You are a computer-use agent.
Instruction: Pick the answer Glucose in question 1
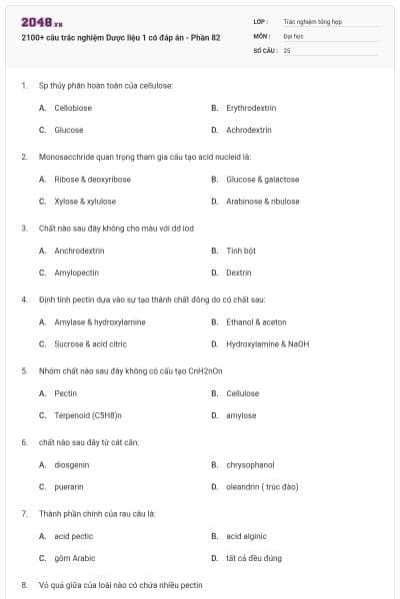(x=69, y=130)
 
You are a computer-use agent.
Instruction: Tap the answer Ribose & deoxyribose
(x=92, y=179)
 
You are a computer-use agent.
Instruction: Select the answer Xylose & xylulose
(x=85, y=201)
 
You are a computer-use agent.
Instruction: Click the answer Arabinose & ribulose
(x=262, y=201)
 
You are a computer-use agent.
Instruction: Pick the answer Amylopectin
(x=76, y=273)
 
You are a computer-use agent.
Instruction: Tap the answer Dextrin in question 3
(x=239, y=273)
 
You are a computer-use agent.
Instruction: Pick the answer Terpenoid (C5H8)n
(x=88, y=415)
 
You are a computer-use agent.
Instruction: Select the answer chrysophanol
(x=250, y=464)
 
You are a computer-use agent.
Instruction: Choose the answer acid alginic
(x=246, y=536)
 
